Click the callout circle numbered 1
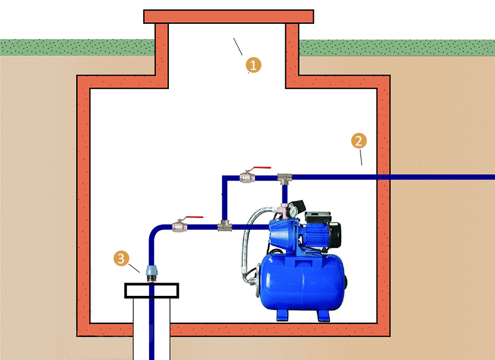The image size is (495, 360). [253, 65]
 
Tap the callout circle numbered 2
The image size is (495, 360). [359, 140]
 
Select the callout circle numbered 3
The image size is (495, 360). [121, 258]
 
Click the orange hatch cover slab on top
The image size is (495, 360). [228, 16]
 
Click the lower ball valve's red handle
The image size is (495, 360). [195, 217]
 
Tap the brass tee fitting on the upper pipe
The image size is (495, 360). [284, 178]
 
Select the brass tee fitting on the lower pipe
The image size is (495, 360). [225, 226]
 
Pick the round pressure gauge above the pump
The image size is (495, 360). [292, 211]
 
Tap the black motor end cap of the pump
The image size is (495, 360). [335, 234]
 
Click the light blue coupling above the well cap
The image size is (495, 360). [151, 271]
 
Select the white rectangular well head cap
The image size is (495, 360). [151, 291]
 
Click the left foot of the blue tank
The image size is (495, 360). [282, 315]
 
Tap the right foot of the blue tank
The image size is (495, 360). [323, 316]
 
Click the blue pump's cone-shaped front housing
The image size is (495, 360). [282, 234]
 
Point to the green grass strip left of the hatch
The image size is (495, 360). [77, 47]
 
